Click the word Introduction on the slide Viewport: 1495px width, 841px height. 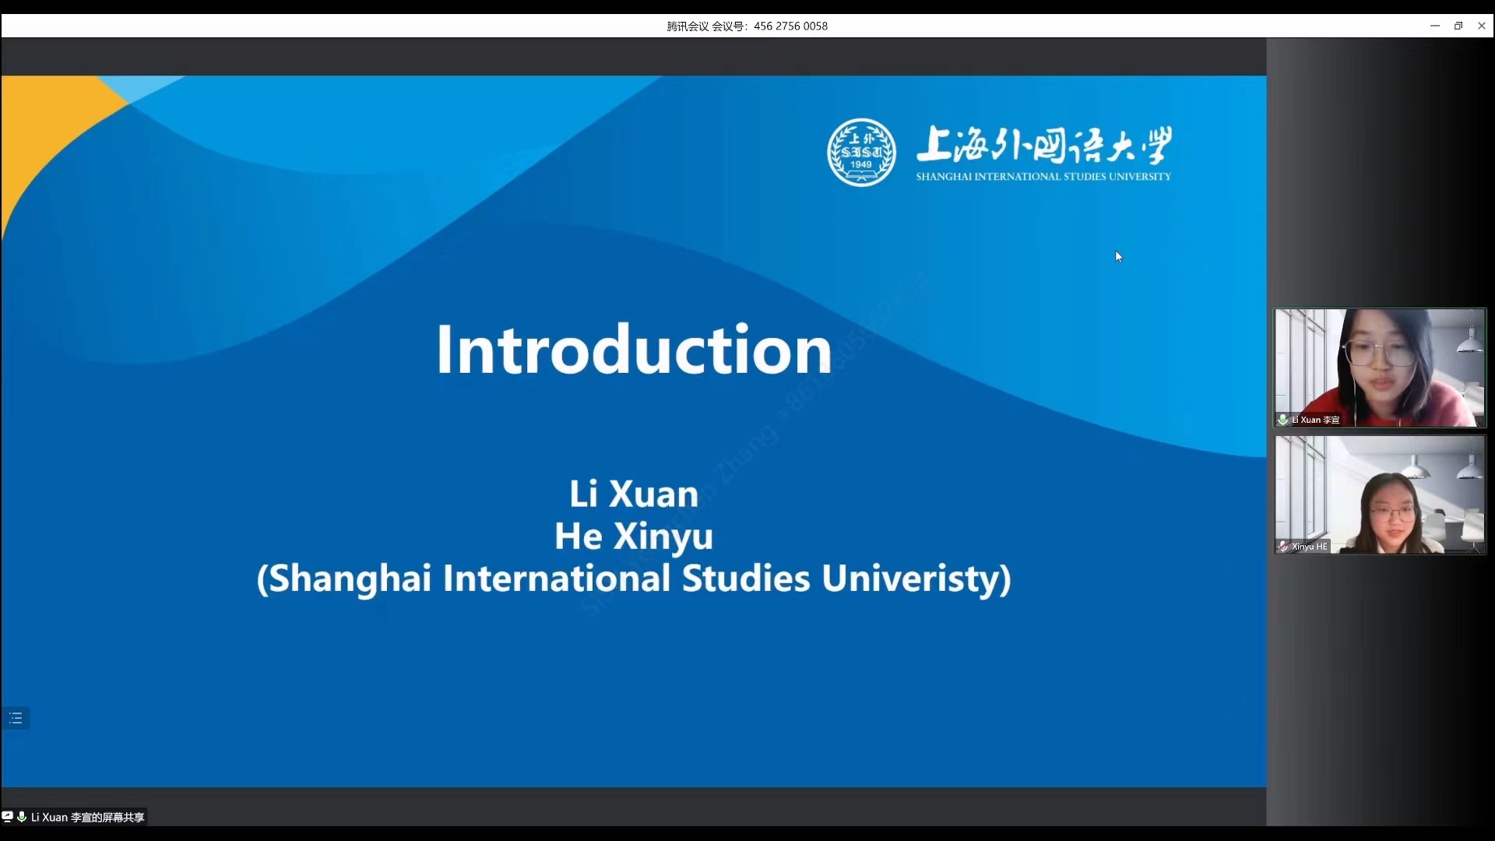(x=634, y=350)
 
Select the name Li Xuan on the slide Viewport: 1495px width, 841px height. (x=634, y=494)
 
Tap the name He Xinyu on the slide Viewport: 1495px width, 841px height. (x=634, y=536)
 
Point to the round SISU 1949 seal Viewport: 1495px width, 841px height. (x=861, y=153)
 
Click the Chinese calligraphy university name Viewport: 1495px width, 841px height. (x=1044, y=146)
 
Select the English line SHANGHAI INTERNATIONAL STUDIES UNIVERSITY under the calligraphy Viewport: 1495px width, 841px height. (x=1043, y=177)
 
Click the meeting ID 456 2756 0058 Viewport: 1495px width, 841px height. (x=790, y=26)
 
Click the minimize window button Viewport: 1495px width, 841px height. (x=1435, y=26)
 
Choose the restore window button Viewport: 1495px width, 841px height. (x=1458, y=26)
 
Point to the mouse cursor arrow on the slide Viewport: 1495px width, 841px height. (x=1119, y=257)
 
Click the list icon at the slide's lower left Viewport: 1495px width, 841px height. (x=16, y=718)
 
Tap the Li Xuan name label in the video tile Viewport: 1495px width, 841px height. (x=1315, y=420)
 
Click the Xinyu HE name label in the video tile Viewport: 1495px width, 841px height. (x=1310, y=547)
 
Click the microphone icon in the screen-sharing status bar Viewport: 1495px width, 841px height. (x=22, y=817)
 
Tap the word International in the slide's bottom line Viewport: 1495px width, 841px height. (x=557, y=578)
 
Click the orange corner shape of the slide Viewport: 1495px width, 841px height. (x=47, y=132)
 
